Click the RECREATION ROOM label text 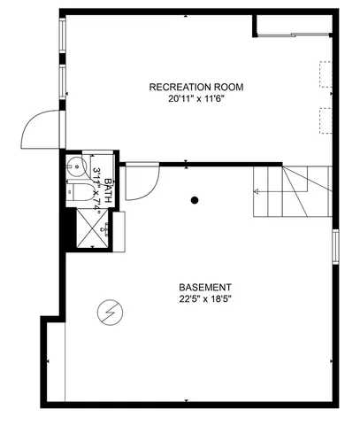point(195,87)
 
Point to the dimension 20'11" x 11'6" point(195,100)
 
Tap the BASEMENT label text point(205,288)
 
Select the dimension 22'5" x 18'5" point(205,300)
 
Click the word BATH point(108,188)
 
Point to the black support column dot point(195,200)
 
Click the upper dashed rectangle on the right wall point(325,73)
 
